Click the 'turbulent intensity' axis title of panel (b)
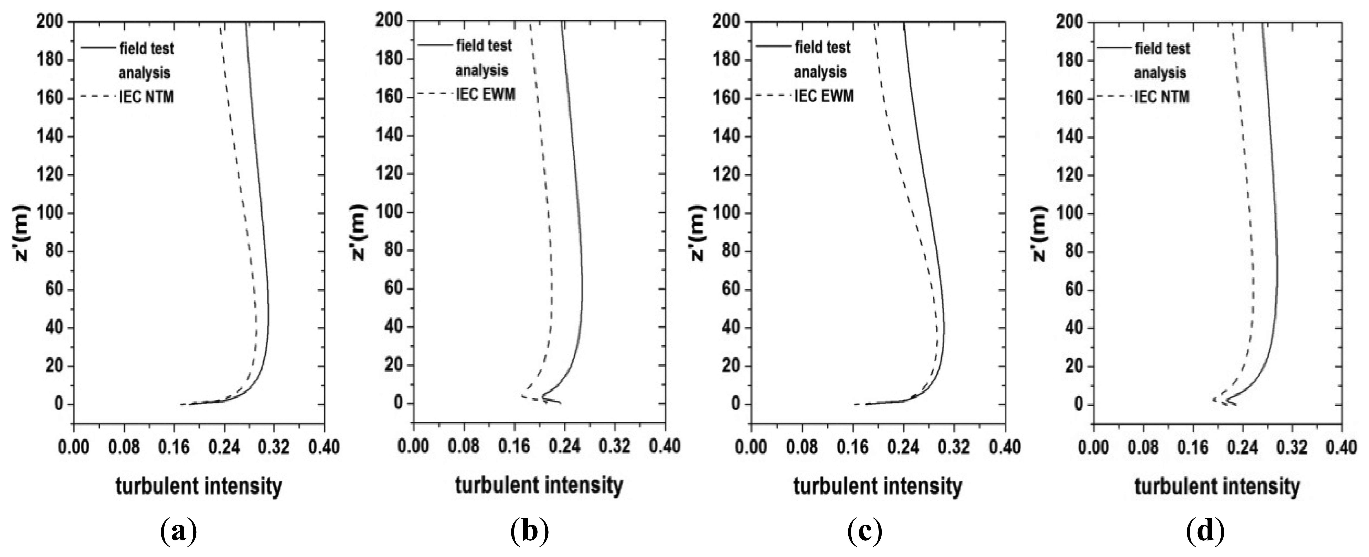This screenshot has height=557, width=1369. (x=539, y=485)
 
